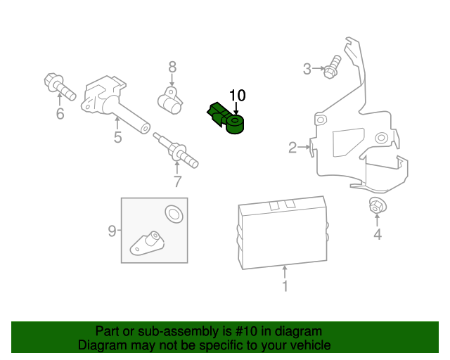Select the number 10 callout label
(238, 95)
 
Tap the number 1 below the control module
(285, 286)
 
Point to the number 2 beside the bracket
(292, 147)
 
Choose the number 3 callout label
(307, 68)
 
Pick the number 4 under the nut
(378, 235)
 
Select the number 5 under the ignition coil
(117, 138)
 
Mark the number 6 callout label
(60, 114)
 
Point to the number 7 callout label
(177, 181)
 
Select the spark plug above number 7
(173, 148)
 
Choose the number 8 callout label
(172, 67)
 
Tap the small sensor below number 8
(169, 101)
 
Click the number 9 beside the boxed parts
(112, 230)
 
